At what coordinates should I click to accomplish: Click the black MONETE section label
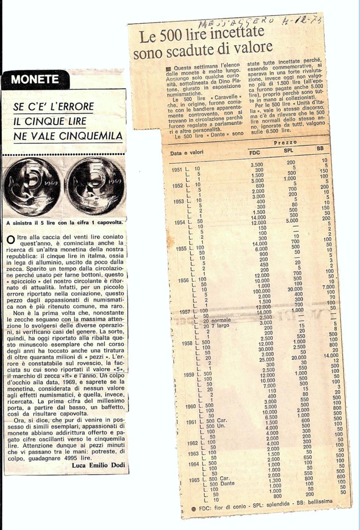tap(35, 80)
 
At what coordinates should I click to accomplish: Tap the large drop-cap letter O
tap(11, 240)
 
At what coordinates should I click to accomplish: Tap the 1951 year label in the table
tap(177, 169)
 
